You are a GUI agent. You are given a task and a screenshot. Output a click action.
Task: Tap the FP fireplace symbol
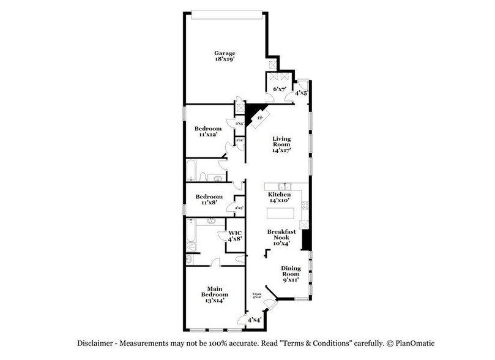(259, 117)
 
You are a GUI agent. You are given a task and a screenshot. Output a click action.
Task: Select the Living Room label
(281, 144)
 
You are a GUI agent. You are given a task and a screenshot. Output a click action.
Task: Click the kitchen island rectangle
(281, 216)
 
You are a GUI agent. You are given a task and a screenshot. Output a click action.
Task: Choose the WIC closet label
(236, 236)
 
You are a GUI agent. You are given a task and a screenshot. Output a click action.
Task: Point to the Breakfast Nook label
(281, 237)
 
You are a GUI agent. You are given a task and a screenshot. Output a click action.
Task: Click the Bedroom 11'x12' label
(208, 132)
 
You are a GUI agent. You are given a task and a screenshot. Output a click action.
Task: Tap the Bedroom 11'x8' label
(208, 200)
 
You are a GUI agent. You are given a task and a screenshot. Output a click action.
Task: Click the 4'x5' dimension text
(301, 93)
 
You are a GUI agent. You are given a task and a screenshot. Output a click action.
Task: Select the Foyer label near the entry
(257, 297)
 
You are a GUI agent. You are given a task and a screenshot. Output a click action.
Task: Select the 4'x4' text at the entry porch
(255, 320)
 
